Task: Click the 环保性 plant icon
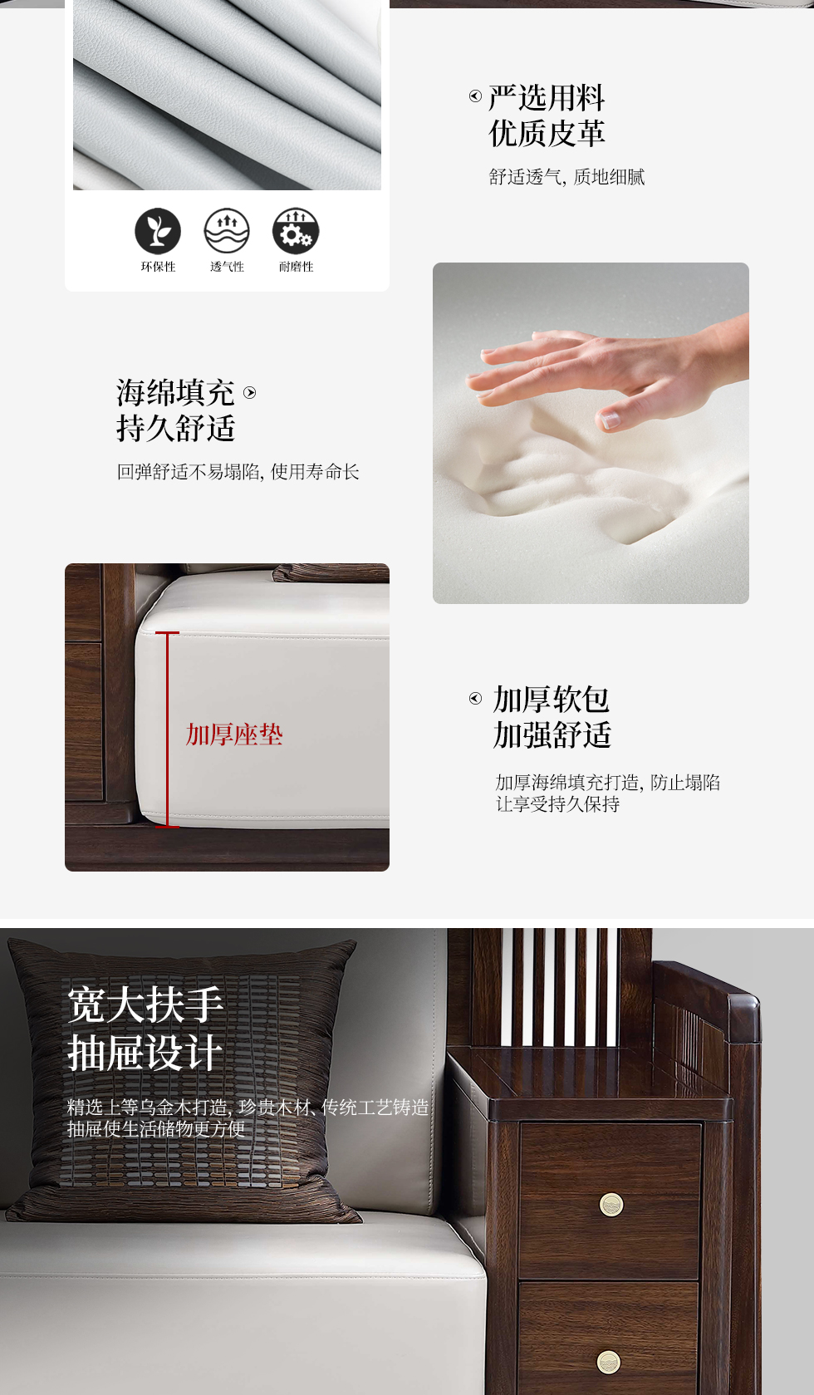coord(158,231)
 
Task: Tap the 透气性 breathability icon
coord(227,231)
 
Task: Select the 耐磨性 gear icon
coord(296,231)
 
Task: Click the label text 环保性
coord(158,268)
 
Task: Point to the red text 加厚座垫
coord(234,734)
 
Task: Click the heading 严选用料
coord(547,98)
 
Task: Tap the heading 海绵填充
coord(175,393)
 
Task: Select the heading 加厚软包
coord(552,700)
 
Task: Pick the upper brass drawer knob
coord(611,1205)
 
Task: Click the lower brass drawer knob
coord(609,1362)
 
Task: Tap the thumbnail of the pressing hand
coord(591,433)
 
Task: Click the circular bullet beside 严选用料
coord(475,96)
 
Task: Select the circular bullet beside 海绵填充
coord(250,392)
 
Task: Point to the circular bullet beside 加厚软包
coord(475,698)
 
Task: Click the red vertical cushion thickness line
coord(167,729)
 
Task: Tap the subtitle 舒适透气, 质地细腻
coord(566,178)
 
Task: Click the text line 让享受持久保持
coord(557,804)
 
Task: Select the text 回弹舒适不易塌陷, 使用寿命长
coord(238,472)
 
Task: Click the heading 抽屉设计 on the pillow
coord(145,1053)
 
